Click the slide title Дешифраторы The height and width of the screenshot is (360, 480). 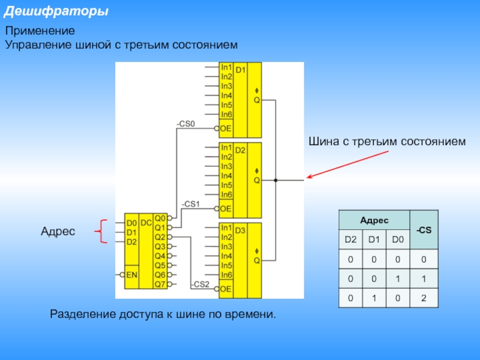[57, 11]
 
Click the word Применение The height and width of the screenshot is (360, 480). [40, 31]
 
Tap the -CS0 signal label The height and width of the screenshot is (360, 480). [186, 124]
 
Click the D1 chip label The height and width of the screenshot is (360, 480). [241, 70]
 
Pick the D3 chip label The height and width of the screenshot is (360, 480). [241, 230]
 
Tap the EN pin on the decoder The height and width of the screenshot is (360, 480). [132, 274]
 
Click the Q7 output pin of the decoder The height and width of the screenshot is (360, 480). [160, 284]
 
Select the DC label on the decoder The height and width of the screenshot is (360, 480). [146, 222]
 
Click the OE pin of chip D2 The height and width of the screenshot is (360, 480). [226, 208]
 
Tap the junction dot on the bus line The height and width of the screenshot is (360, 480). [275, 180]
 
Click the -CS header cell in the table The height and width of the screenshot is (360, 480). [424, 230]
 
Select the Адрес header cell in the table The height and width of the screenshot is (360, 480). [374, 220]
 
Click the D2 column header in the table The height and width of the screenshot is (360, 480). [350, 240]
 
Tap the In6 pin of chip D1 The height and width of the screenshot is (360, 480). [226, 115]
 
